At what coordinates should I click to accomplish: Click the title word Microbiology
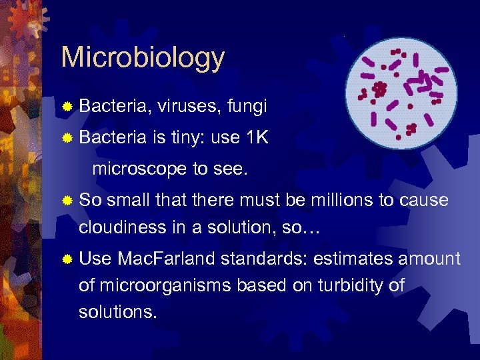[x=143, y=58]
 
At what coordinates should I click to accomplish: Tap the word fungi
[x=247, y=105]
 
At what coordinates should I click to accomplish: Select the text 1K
[x=257, y=137]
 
